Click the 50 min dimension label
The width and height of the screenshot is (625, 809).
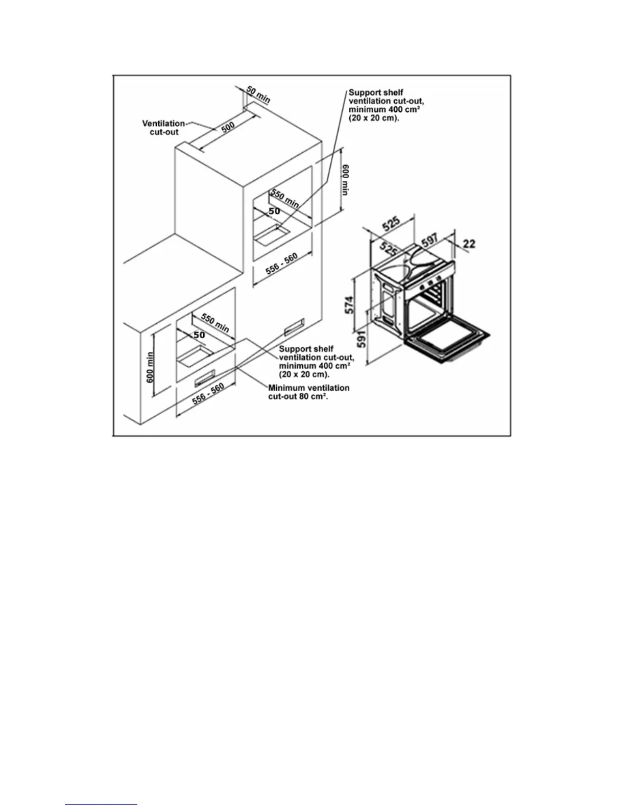point(258,95)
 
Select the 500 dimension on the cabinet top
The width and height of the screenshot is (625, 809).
point(228,127)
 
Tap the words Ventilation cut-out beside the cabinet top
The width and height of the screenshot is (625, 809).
point(163,128)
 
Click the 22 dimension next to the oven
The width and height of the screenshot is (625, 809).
point(469,244)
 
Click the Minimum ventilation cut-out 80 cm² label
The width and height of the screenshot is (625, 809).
point(308,392)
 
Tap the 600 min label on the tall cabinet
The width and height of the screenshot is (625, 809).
point(345,179)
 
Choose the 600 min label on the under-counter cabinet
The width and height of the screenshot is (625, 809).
point(150,368)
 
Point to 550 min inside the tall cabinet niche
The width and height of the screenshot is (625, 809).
point(285,198)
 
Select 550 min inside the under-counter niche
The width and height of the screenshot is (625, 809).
point(215,322)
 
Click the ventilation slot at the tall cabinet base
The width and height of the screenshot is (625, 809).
point(294,326)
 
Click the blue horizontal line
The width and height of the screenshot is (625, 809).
point(101,805)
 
